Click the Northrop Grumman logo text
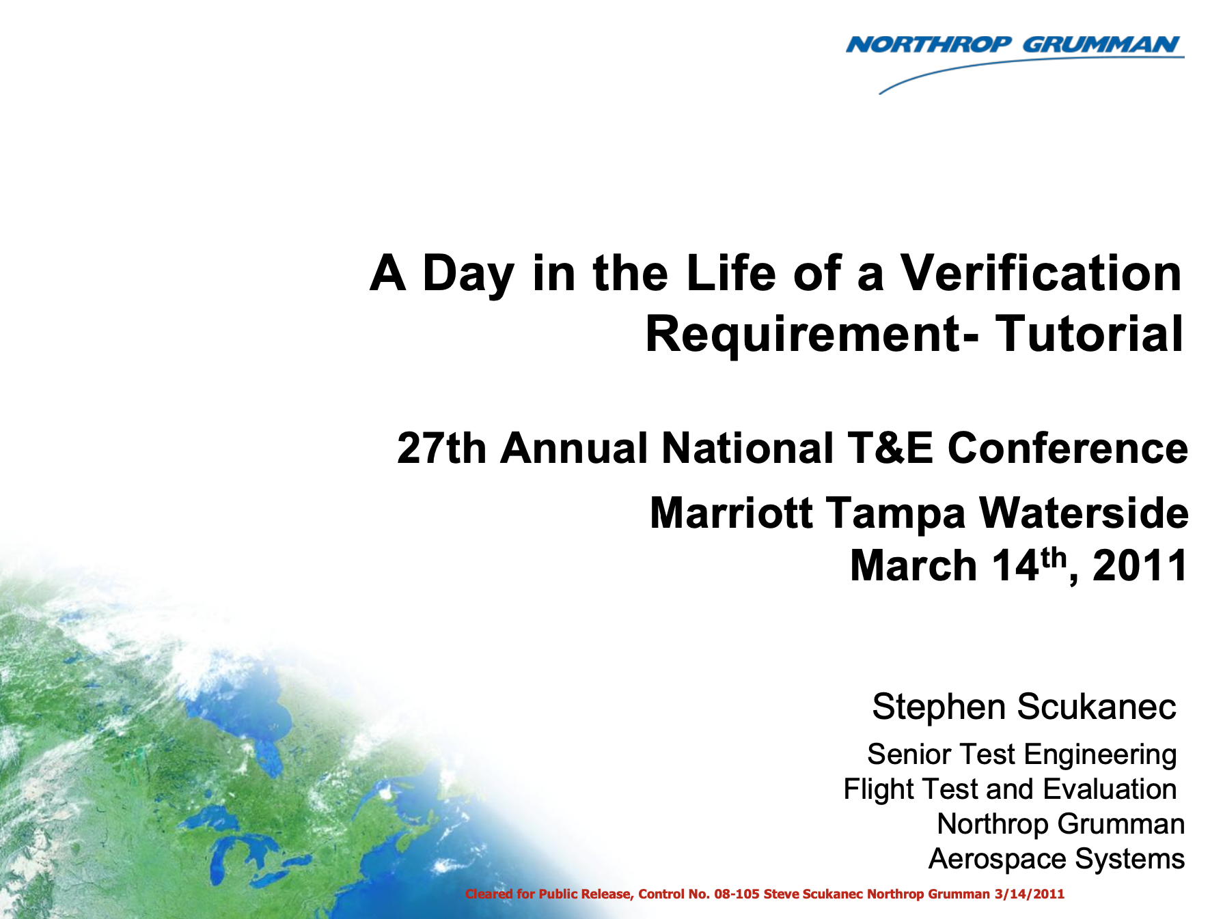(1014, 45)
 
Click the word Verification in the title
(1041, 273)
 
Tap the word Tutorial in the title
(1089, 334)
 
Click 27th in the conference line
(441, 449)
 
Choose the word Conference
(1068, 449)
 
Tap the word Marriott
(731, 513)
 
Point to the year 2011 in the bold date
(1140, 566)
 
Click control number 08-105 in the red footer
(737, 894)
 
